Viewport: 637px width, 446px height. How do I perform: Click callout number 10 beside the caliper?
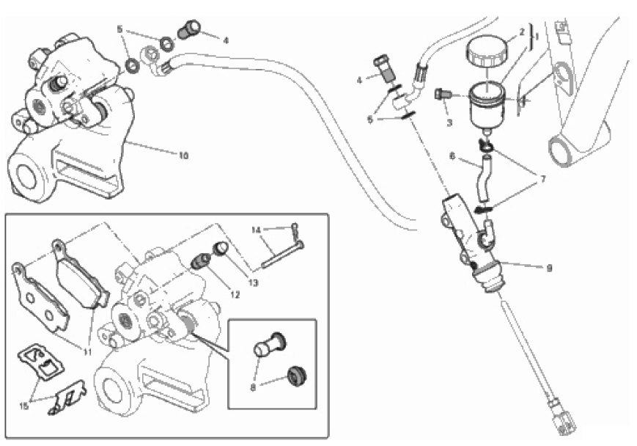(x=183, y=155)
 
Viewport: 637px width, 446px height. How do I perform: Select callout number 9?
(x=548, y=268)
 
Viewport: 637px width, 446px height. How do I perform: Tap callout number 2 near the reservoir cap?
(x=521, y=32)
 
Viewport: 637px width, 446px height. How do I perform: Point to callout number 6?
(x=452, y=156)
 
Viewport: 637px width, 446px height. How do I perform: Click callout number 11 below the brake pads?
(x=86, y=352)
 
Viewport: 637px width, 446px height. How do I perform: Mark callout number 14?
(x=256, y=230)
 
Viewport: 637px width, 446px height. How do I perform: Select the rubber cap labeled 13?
(x=220, y=250)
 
